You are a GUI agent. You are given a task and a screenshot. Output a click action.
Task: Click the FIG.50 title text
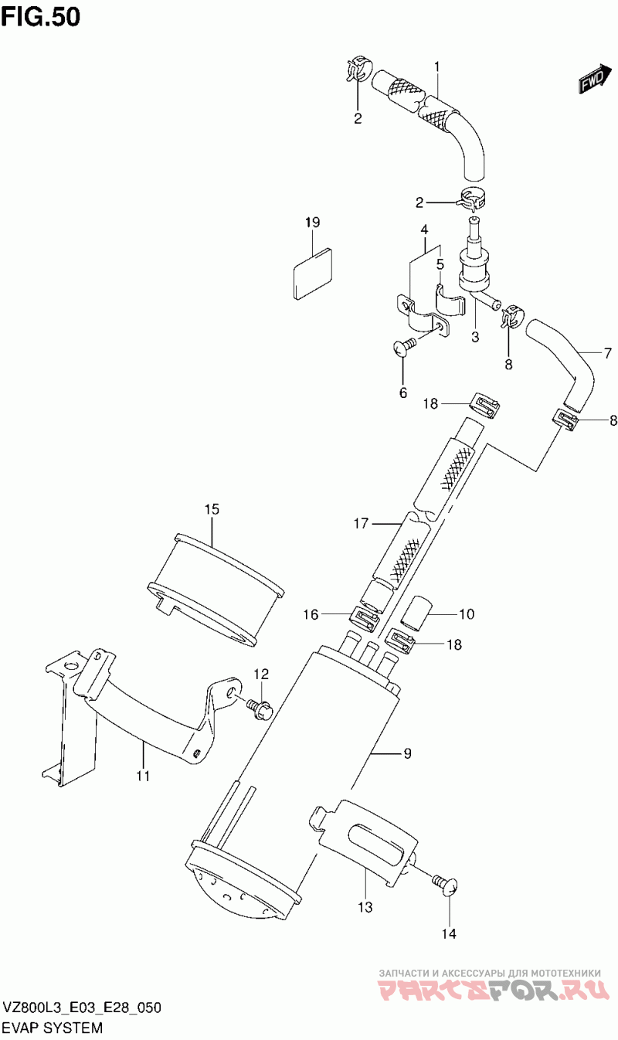[x=41, y=17]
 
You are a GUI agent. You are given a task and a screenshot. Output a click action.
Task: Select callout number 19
[x=313, y=223]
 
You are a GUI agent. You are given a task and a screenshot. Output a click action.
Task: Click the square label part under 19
[x=314, y=274]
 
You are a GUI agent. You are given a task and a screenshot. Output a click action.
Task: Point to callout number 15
[x=212, y=509]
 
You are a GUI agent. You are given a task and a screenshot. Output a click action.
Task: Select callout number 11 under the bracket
[x=144, y=775]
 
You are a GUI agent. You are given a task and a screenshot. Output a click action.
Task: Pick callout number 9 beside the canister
[x=407, y=753]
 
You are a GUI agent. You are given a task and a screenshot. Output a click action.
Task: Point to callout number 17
[x=361, y=524]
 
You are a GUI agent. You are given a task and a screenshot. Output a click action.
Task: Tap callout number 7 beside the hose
[x=608, y=354]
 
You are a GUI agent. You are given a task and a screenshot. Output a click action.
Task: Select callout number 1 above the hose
[x=436, y=68]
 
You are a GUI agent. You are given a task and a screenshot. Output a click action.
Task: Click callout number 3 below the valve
[x=475, y=337]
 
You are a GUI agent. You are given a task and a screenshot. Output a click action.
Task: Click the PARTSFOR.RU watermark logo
[x=494, y=986]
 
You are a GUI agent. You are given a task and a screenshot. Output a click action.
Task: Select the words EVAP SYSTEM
[x=53, y=1028]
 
